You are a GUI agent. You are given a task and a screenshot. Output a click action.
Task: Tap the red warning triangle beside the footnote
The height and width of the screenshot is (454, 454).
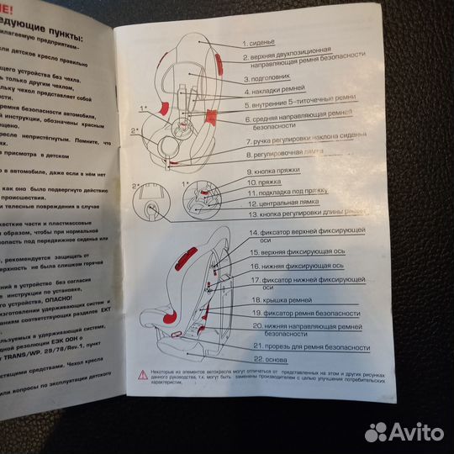(144, 375)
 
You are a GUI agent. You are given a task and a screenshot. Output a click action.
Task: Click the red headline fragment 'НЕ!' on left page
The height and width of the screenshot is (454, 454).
(13, 4)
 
